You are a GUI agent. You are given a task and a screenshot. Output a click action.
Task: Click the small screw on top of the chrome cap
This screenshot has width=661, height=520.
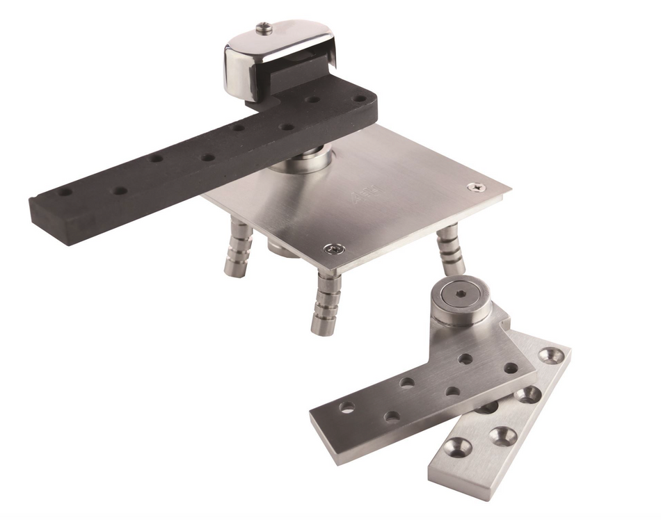[x=264, y=29]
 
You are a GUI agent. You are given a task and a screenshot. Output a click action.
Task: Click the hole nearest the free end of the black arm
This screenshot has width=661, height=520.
[x=65, y=190]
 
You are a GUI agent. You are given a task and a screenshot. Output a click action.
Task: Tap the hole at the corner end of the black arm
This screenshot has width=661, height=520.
[x=359, y=99]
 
